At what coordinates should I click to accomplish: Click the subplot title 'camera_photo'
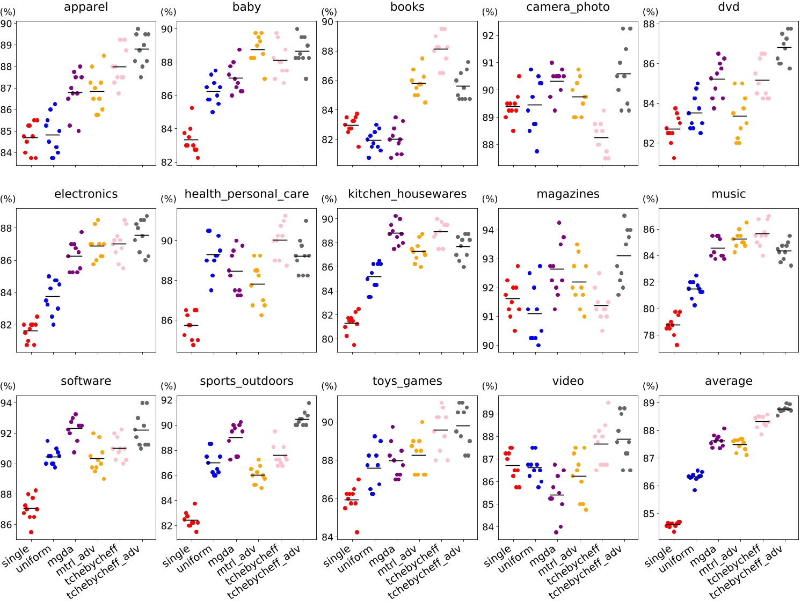pos(567,7)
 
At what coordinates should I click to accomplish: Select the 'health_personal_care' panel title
pos(246,194)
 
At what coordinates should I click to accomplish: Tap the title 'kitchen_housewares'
pos(407,194)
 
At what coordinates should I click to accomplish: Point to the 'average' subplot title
pos(728,381)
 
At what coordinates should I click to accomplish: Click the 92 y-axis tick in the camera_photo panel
pos(488,36)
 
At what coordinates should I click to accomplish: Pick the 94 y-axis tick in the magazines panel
pos(488,230)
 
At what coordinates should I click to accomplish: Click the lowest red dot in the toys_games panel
pos(356,532)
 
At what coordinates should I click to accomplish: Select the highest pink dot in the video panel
pos(608,402)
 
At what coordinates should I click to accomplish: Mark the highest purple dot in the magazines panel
pos(559,223)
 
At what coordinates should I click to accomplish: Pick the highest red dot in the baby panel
pos(192,108)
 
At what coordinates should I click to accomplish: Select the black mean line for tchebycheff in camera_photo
pos(601,137)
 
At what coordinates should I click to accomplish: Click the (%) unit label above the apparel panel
pos(8,12)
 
